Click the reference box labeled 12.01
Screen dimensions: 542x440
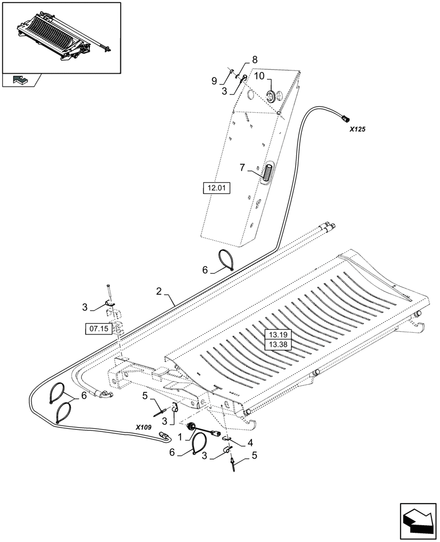click(216, 189)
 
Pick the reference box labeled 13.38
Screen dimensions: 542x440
click(277, 344)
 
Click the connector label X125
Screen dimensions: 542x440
click(357, 130)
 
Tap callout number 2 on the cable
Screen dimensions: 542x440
click(159, 292)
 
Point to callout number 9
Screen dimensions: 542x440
click(214, 81)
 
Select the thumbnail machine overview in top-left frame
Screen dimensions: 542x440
click(61, 36)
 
